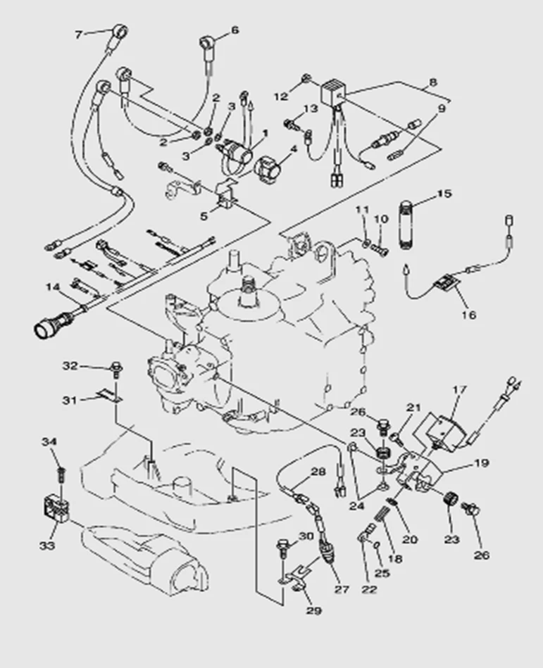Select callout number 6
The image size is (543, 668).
click(x=235, y=30)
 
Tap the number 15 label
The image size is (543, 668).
click(x=444, y=193)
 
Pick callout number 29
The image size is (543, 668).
click(x=313, y=610)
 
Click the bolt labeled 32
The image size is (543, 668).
click(x=114, y=367)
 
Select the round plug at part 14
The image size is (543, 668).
click(x=47, y=326)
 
